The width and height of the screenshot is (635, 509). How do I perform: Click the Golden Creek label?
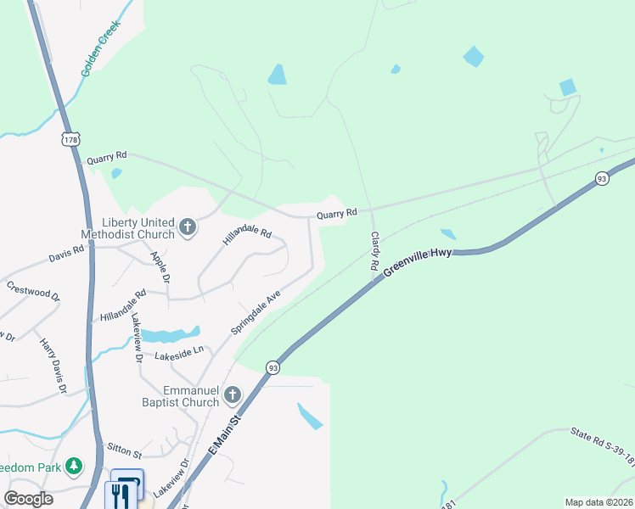coord(101,53)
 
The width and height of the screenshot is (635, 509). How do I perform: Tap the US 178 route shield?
coord(70,137)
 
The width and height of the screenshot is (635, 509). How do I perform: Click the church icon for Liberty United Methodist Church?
coord(188,227)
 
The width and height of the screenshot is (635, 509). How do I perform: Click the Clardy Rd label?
coord(374,251)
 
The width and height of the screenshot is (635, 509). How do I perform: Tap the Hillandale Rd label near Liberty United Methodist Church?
coord(246,235)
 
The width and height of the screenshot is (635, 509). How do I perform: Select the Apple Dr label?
coord(160,266)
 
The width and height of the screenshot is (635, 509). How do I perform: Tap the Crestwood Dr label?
coord(33,291)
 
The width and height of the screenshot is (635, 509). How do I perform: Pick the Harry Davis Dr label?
coord(53,366)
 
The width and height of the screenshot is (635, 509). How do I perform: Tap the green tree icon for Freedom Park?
coord(75,466)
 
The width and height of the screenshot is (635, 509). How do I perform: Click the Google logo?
coord(28,499)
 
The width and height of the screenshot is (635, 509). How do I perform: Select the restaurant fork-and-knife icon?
coord(126,489)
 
